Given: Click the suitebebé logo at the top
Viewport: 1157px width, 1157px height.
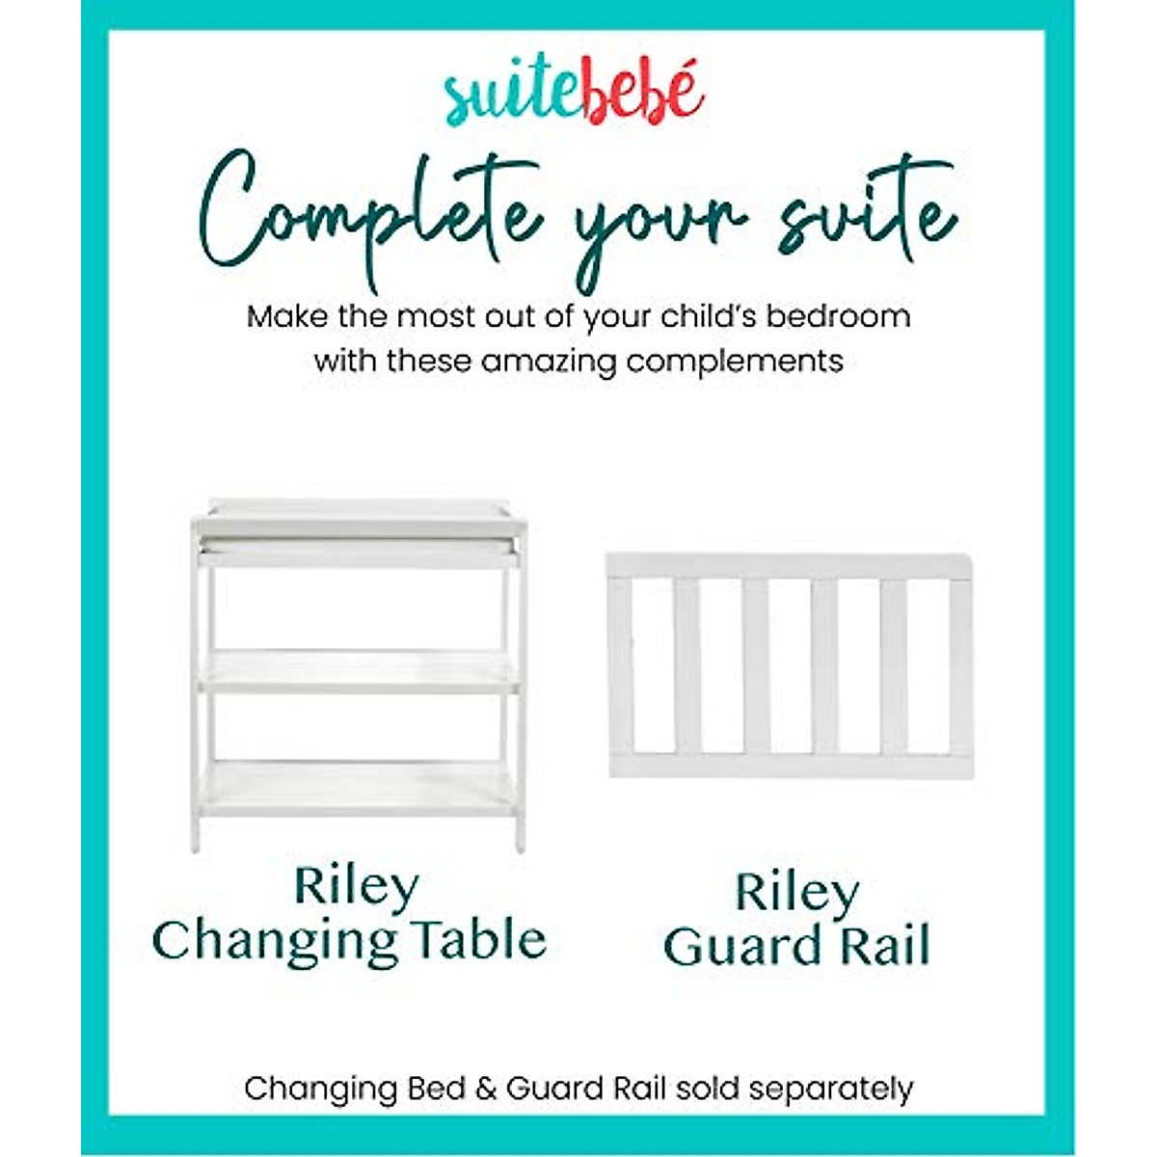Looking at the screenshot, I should tap(576, 96).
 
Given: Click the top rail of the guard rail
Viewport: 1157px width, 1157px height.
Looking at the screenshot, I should tap(789, 565).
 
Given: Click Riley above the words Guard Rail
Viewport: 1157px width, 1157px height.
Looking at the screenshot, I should tap(796, 894).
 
